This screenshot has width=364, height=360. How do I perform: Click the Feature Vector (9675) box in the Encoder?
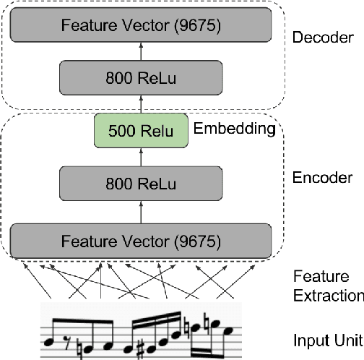point(141,238)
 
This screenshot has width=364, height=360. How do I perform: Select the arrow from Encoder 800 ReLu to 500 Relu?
point(141,155)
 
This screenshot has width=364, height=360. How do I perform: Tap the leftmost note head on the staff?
point(51,340)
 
